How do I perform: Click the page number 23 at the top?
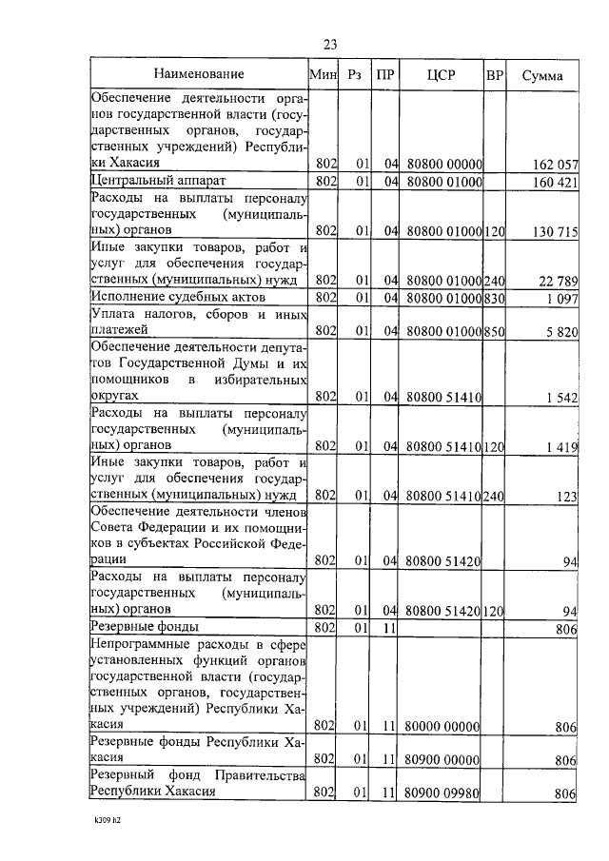330,44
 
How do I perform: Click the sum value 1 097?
561,299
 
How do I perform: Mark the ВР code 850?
494,331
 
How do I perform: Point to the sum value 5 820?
561,331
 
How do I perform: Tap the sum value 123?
568,495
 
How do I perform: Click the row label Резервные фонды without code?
144,628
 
